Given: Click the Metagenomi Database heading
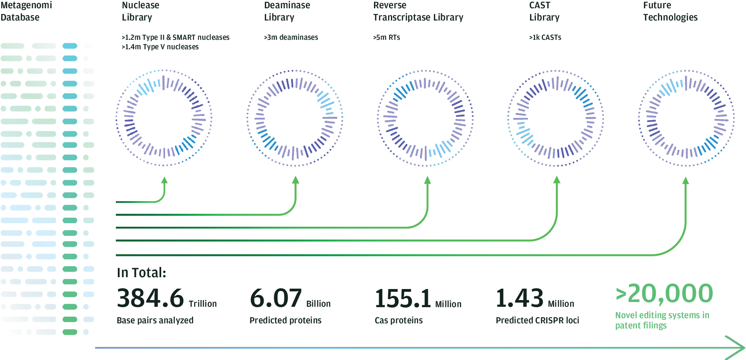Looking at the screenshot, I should click(26, 11).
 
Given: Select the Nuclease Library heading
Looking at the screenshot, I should click(140, 11).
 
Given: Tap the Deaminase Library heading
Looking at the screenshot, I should click(287, 11).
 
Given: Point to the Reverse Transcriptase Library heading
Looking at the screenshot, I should click(418, 11).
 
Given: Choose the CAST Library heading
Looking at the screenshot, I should click(544, 11).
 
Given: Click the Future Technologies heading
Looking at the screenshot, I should click(670, 11).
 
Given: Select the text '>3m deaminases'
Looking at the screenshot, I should click(291, 37).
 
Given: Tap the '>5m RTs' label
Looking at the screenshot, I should click(387, 37).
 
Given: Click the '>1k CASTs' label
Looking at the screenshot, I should click(545, 37).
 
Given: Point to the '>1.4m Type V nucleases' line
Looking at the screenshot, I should click(160, 47).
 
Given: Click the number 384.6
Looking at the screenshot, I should click(151, 298).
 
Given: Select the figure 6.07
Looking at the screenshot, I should click(276, 298).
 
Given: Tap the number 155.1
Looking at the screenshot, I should click(403, 298).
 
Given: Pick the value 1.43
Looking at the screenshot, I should click(519, 298).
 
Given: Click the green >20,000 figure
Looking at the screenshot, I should click(664, 294).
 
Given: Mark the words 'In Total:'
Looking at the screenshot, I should click(141, 272).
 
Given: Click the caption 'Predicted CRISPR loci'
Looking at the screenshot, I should click(537, 320).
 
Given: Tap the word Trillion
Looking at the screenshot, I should click(203, 304).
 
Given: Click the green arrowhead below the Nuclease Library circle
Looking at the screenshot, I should click(165, 180).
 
